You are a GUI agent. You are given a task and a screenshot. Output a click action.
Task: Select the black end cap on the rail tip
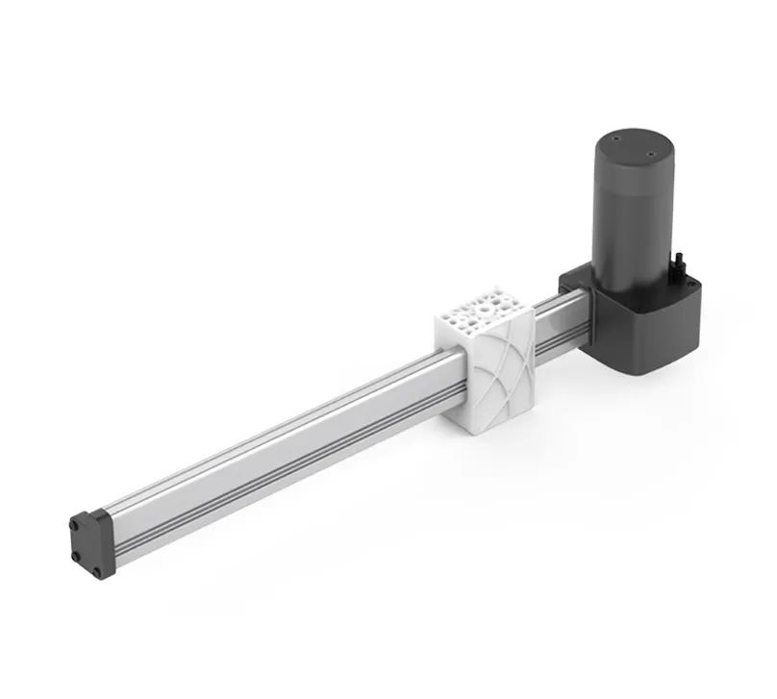click(x=92, y=544)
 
